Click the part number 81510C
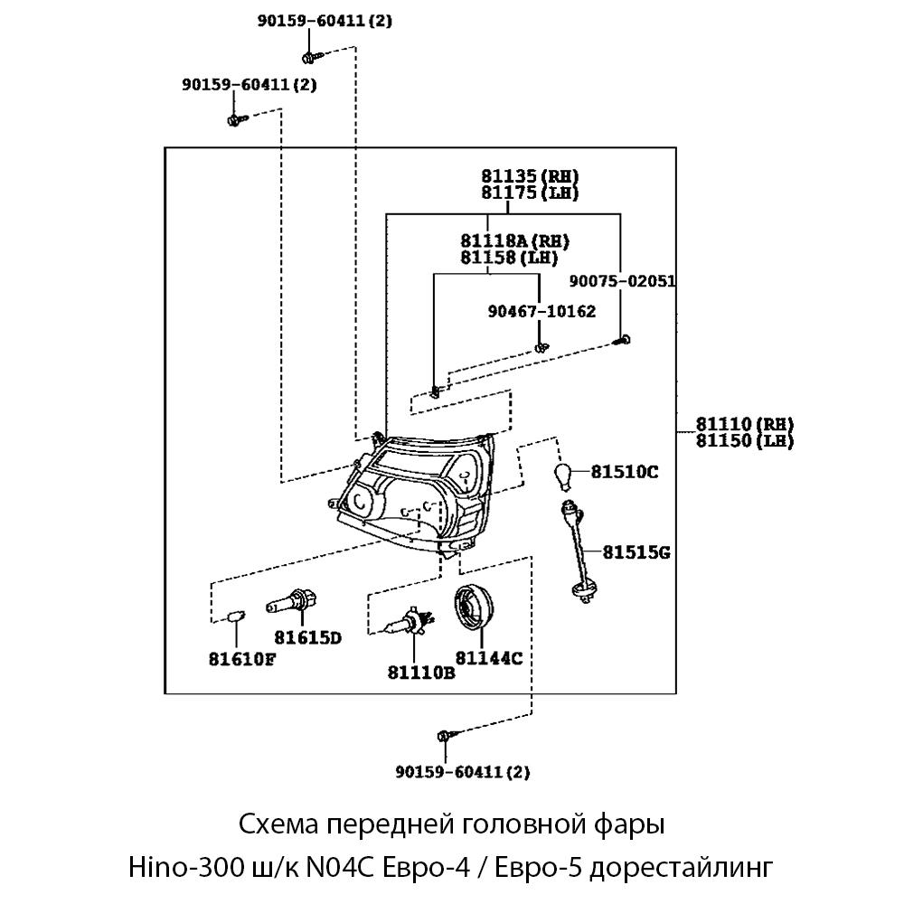click(x=625, y=471)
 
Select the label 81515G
click(x=636, y=551)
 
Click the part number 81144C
click(x=489, y=657)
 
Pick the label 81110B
click(x=420, y=672)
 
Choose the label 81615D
click(x=308, y=638)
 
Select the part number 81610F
click(x=241, y=658)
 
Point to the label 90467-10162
click(x=541, y=312)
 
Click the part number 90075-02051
click(x=623, y=282)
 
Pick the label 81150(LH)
click(x=744, y=441)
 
